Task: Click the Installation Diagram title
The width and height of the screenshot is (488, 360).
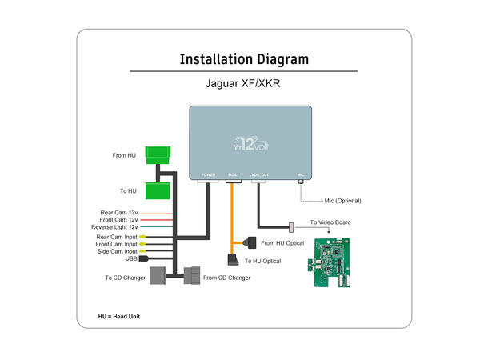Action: coord(244,59)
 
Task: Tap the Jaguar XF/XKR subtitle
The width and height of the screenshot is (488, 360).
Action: coord(243,83)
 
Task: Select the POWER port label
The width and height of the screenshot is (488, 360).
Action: coord(208,174)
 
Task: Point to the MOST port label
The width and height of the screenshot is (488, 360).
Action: coord(234,174)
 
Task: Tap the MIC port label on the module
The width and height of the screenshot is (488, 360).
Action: coord(301,174)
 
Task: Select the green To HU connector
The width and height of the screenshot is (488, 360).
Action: coord(160,190)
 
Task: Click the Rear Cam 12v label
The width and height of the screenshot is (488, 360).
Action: coord(119,212)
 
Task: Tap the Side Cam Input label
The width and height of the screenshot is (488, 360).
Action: coord(117,251)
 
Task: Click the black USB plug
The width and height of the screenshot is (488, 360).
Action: coord(144,259)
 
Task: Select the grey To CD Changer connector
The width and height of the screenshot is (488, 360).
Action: coord(158,276)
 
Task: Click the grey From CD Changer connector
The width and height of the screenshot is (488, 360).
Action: coord(193,276)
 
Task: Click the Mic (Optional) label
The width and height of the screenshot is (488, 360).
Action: coord(337,200)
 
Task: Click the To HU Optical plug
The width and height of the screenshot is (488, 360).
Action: coord(233,259)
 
